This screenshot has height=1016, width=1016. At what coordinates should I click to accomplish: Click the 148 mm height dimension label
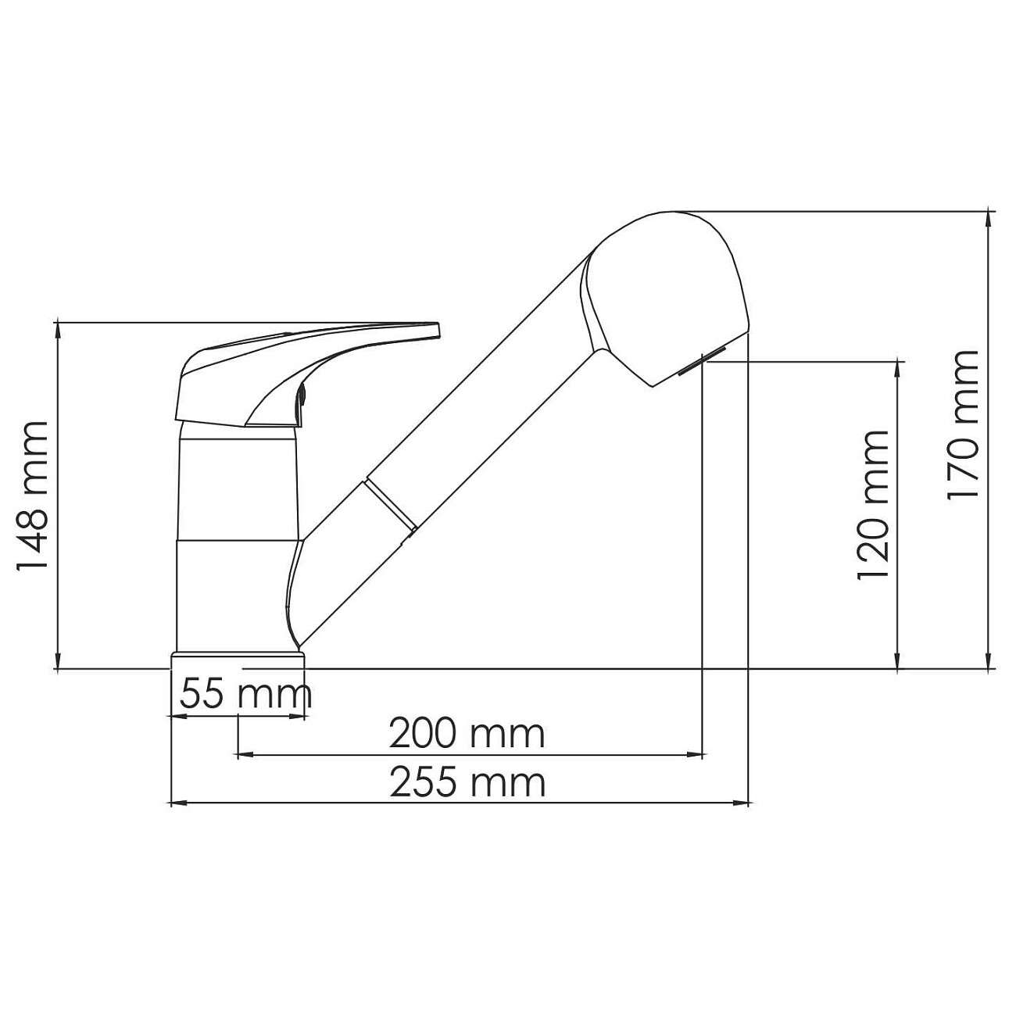[33, 496]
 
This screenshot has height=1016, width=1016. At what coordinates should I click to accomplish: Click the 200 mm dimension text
[467, 734]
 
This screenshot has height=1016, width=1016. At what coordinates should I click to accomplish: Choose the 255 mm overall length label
[467, 783]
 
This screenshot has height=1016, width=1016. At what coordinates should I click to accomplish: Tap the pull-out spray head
[665, 299]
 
